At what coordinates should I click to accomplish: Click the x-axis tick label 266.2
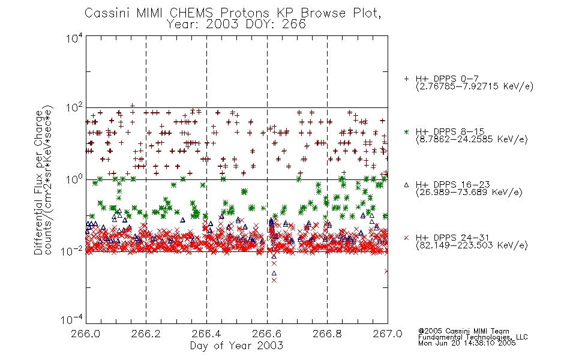(x=146, y=334)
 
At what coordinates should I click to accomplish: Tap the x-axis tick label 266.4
(x=206, y=334)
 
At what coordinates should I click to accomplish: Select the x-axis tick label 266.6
(x=266, y=334)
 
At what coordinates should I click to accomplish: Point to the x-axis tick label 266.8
(x=327, y=334)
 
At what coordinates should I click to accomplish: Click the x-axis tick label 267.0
(x=387, y=334)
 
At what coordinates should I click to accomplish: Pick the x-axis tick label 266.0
(x=85, y=334)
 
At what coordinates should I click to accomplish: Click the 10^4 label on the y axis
(x=74, y=38)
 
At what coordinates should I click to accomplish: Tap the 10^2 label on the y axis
(x=74, y=109)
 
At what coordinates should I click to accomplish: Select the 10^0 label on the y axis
(x=74, y=180)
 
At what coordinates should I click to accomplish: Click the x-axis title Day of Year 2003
(x=236, y=346)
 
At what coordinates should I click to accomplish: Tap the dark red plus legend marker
(x=406, y=79)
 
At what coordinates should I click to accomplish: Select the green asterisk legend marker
(x=406, y=131)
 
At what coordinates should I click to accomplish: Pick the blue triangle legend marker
(x=406, y=185)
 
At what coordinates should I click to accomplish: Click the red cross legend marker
(x=406, y=238)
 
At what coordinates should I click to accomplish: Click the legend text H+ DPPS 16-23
(x=452, y=184)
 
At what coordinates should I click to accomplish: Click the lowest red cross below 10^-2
(x=274, y=280)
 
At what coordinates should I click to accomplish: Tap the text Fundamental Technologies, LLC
(x=473, y=337)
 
